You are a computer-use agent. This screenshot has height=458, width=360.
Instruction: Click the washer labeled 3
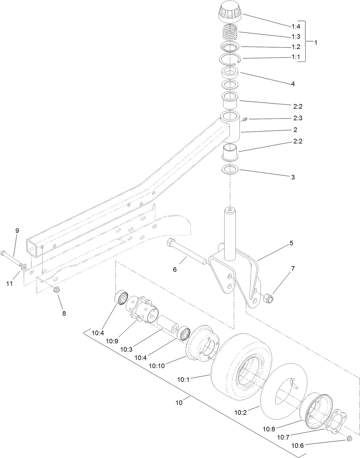pos(231,169)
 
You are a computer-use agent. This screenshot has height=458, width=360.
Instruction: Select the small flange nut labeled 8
pos(56,289)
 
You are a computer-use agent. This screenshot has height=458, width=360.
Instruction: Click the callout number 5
pos(291,243)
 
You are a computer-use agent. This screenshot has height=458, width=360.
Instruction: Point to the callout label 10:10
pos(157,366)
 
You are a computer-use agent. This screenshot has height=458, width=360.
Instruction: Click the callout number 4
pos(293,84)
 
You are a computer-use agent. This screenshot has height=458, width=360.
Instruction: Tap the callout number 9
pos(17,230)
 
